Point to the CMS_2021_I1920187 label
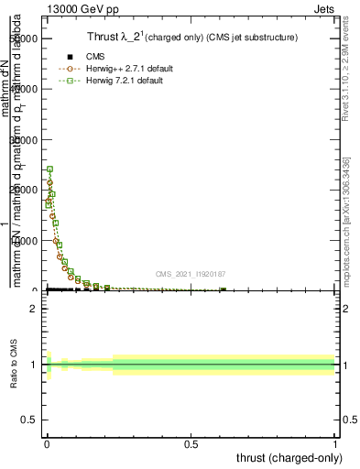(x=189, y=273)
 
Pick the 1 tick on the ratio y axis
(x=34, y=365)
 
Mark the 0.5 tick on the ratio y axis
(x=30, y=392)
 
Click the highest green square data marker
(x=50, y=169)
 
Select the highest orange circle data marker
(x=49, y=183)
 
